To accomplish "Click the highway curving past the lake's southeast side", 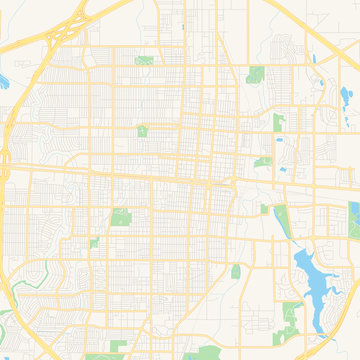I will tap(340, 300).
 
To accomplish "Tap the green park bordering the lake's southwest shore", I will tap(289, 312).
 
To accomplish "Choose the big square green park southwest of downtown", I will tap(121, 217).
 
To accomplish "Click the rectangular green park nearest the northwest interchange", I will tap(145, 60).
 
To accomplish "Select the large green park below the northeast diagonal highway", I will tap(256, 74).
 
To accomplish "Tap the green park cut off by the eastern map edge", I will tap(353, 214).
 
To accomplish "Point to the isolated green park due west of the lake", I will tap(236, 271).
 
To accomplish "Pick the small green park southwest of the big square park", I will tap(94, 243).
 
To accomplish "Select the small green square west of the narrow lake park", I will tap(264, 209).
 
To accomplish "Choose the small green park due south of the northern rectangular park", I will tap(142, 130).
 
